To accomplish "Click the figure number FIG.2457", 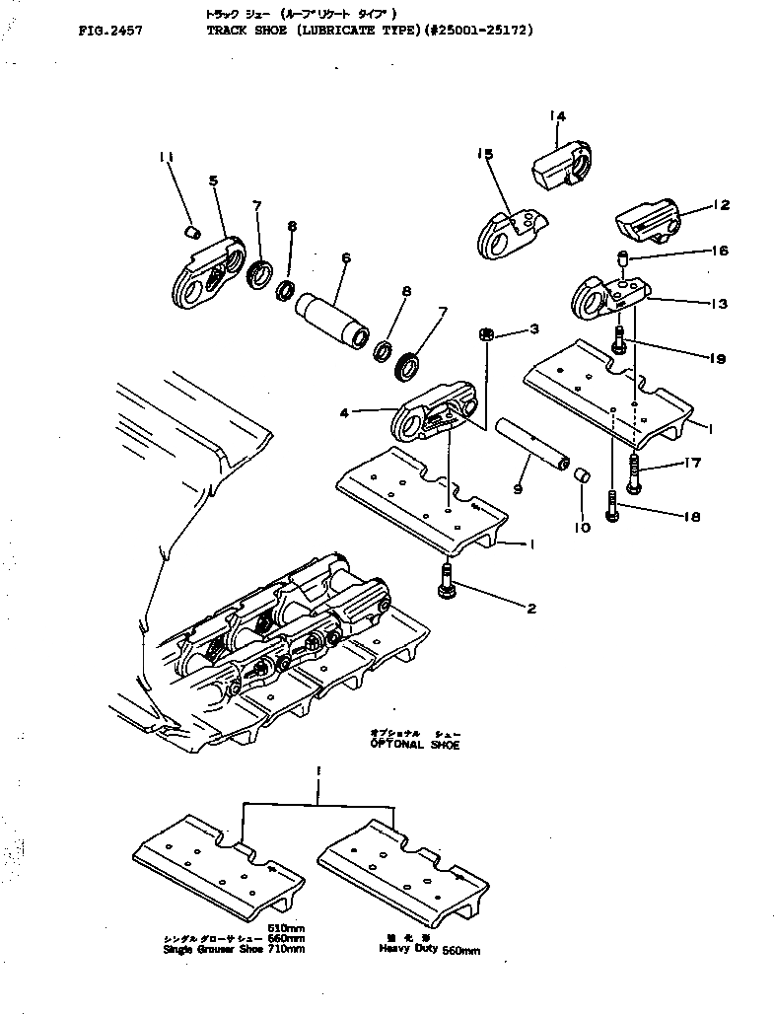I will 109,31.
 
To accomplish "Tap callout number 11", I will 167,158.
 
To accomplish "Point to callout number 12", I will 722,205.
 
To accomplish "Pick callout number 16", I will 719,252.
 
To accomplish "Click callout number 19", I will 716,359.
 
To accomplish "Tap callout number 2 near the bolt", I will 530,608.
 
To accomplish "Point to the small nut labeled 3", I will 486,334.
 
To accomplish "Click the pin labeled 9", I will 532,443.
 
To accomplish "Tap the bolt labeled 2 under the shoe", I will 447,579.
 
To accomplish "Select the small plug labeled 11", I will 194,231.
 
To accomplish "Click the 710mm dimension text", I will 287,949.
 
